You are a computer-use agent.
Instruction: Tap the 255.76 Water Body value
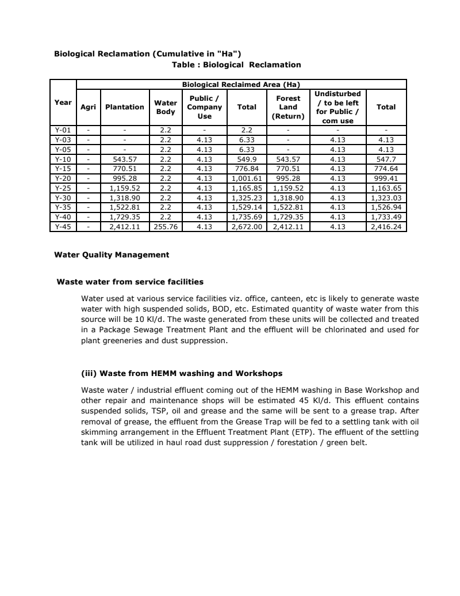(166, 227)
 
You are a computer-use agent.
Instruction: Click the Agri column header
(88, 107)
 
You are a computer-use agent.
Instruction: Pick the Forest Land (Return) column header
(288, 107)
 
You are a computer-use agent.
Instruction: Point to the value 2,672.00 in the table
(247, 227)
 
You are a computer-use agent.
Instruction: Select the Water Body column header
(166, 107)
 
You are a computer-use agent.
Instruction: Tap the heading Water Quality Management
(112, 255)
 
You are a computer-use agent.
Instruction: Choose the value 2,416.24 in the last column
(386, 227)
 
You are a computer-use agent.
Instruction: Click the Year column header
(63, 103)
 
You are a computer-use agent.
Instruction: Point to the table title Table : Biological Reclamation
(236, 64)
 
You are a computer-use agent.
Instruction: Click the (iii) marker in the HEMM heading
(89, 373)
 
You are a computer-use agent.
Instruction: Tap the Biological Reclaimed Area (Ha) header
(241, 85)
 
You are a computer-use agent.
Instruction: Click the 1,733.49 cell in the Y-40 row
(386, 217)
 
